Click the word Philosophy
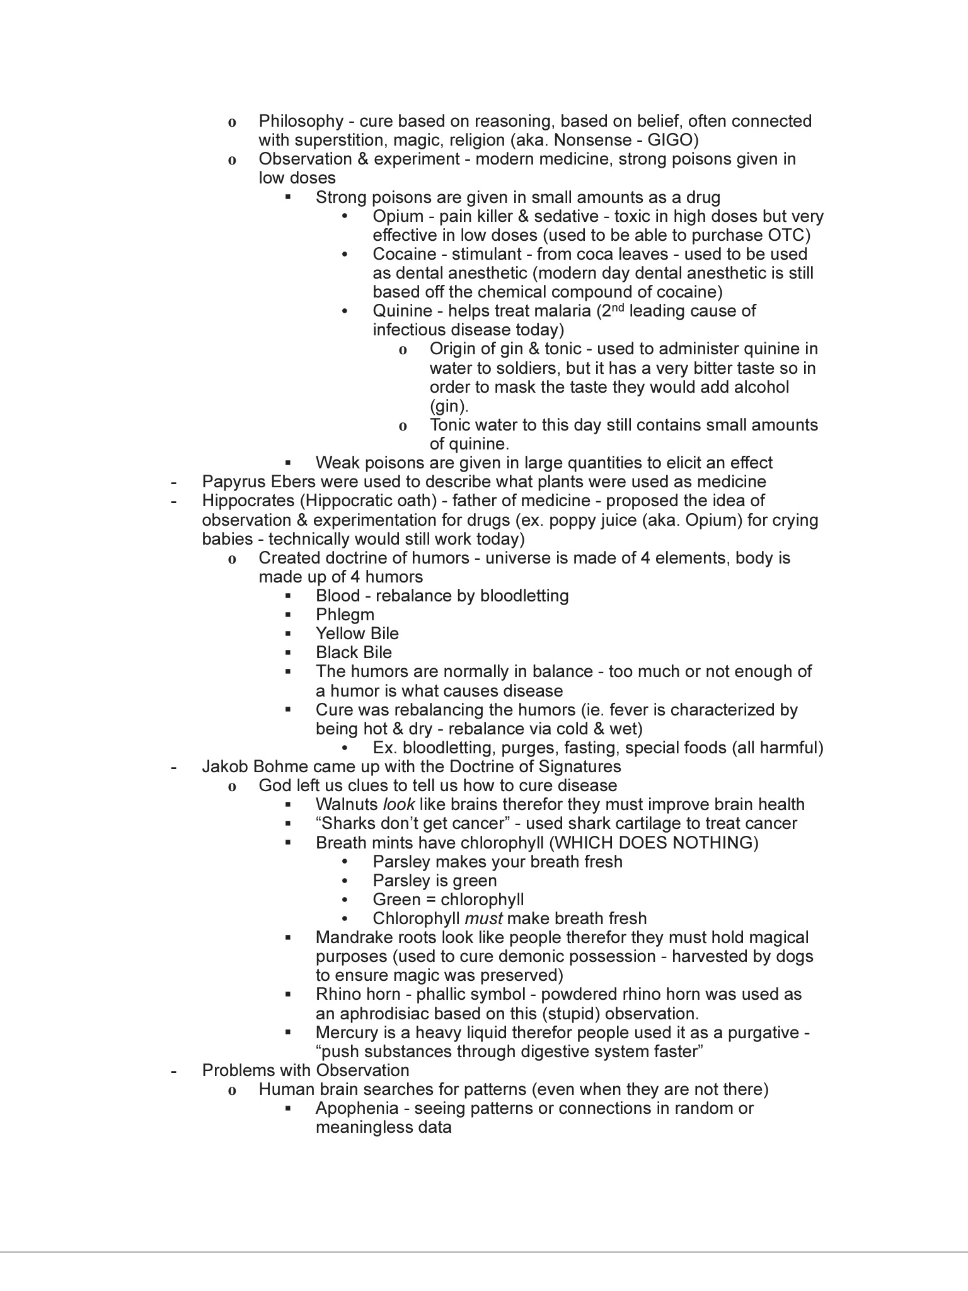301,121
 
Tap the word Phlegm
345,615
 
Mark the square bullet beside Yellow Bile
288,633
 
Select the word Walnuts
347,804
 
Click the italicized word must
483,918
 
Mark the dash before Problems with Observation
173,1070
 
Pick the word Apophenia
357,1108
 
